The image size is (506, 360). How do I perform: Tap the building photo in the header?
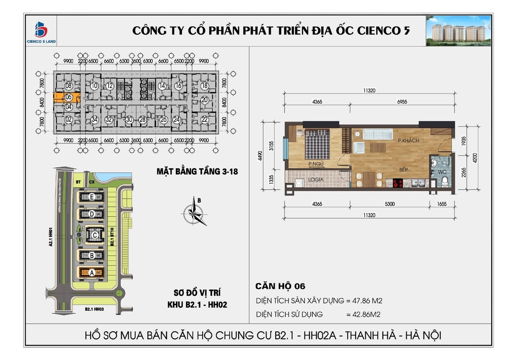pyautogui.click(x=458, y=31)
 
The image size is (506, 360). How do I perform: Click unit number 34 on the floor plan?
pyautogui.click(x=94, y=120)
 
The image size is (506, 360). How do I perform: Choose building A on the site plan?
pyautogui.click(x=91, y=272)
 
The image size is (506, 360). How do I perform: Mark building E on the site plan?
pyautogui.click(x=91, y=197)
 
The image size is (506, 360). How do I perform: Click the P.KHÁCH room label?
pyautogui.click(x=408, y=141)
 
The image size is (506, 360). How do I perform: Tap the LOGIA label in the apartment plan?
pyautogui.click(x=316, y=180)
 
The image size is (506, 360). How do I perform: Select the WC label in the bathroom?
pyautogui.click(x=441, y=172)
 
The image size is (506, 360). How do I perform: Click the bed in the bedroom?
pyautogui.click(x=316, y=143)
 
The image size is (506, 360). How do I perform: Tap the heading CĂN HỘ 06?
pyautogui.click(x=280, y=286)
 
